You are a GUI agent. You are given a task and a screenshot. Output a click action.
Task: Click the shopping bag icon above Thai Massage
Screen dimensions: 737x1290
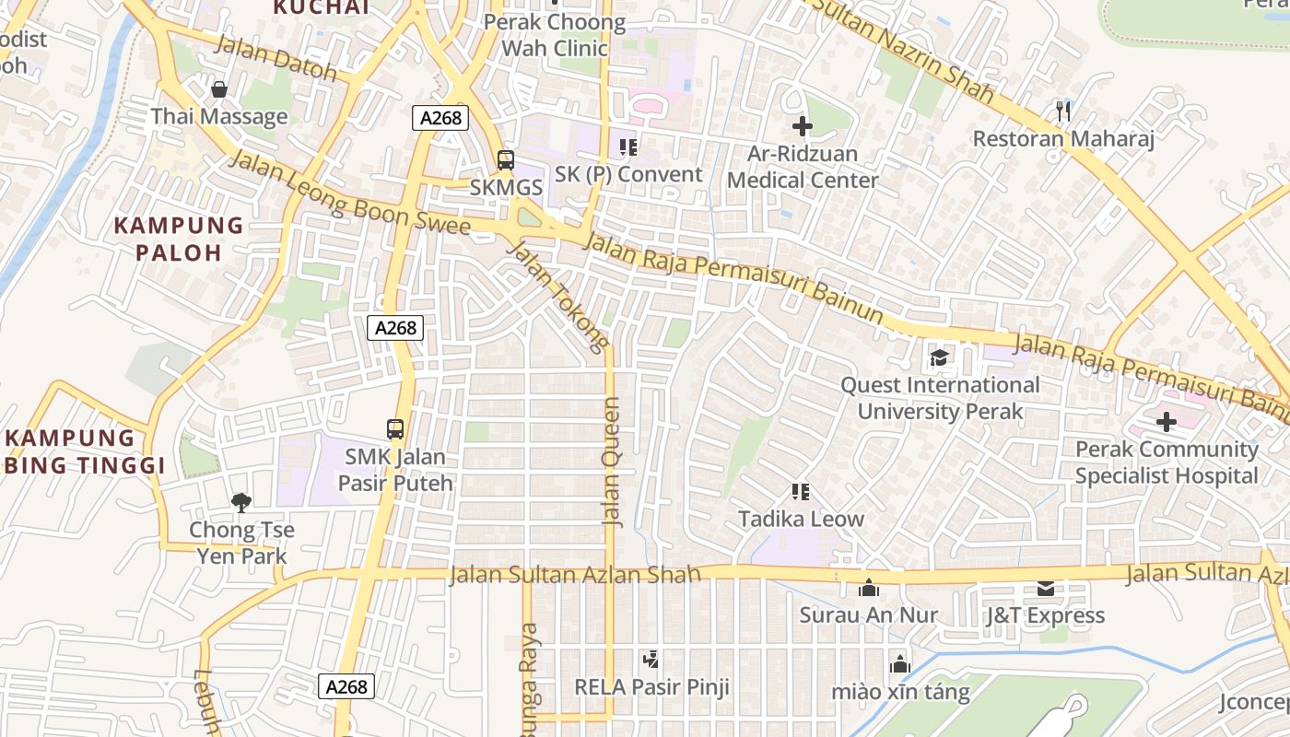point(219,89)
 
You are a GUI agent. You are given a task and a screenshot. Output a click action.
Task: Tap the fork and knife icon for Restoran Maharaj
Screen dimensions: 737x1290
point(1063,111)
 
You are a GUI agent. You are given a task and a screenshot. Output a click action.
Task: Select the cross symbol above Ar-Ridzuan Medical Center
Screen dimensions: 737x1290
point(803,126)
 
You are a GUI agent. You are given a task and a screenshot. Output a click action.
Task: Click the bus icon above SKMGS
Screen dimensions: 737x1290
point(505,159)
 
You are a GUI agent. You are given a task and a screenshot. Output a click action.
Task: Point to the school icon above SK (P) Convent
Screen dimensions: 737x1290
point(628,146)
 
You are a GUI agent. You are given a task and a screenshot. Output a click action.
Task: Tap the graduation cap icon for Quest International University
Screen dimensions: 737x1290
point(939,357)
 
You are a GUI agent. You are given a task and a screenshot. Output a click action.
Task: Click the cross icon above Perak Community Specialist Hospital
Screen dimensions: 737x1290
point(1167,422)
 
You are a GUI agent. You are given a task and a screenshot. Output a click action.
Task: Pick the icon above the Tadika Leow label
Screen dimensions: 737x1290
point(801,492)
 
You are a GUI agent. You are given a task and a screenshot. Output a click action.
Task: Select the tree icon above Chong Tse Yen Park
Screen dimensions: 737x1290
point(240,502)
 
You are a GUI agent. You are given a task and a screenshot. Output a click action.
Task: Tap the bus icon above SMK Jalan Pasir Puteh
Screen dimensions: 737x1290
point(395,428)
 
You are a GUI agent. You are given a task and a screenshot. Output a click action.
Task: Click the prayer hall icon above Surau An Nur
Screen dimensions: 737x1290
point(868,588)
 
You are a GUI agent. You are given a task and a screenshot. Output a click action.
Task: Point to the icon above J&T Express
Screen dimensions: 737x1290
point(1045,588)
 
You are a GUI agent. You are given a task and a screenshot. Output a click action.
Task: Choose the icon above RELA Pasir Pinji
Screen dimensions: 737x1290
point(651,660)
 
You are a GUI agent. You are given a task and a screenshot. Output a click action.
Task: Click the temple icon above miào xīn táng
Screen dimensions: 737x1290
point(899,664)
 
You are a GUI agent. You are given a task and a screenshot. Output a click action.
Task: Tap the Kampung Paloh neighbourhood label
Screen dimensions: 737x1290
point(179,239)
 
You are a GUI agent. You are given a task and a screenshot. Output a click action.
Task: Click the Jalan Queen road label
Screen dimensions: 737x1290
point(612,462)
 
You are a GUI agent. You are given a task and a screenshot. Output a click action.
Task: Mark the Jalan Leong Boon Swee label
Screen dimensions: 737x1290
point(349,194)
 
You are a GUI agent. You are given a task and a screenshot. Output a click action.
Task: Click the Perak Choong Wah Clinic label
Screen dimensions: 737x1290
point(555,35)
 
